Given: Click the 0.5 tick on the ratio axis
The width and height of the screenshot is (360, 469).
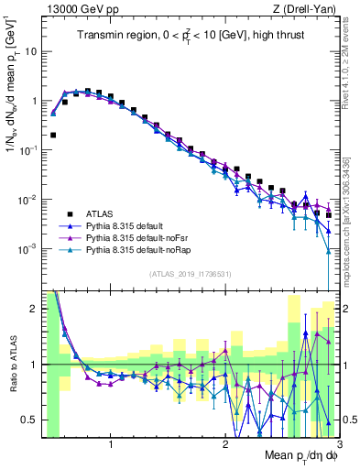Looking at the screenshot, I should pyautogui.click(x=29, y=420).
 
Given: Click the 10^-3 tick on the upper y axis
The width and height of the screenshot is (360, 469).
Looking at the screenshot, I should pyautogui.click(x=28, y=250).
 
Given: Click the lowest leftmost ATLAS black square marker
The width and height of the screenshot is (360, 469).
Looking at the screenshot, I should pyautogui.click(x=53, y=135).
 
